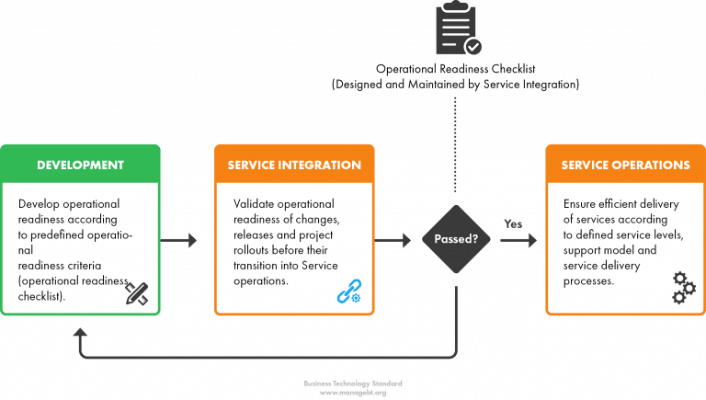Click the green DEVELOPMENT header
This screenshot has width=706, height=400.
(80, 166)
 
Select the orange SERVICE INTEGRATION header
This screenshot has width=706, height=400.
(294, 166)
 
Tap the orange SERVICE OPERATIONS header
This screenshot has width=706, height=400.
(625, 166)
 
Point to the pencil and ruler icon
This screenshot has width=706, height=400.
(137, 292)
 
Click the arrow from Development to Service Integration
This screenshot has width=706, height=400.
(188, 241)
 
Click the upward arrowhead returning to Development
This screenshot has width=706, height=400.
(81, 332)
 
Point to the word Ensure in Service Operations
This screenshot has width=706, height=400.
(582, 203)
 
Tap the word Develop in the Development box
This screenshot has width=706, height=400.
(41, 203)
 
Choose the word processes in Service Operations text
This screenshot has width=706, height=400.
(587, 281)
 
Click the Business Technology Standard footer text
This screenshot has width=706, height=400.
(353, 383)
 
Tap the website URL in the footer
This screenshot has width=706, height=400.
(353, 393)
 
